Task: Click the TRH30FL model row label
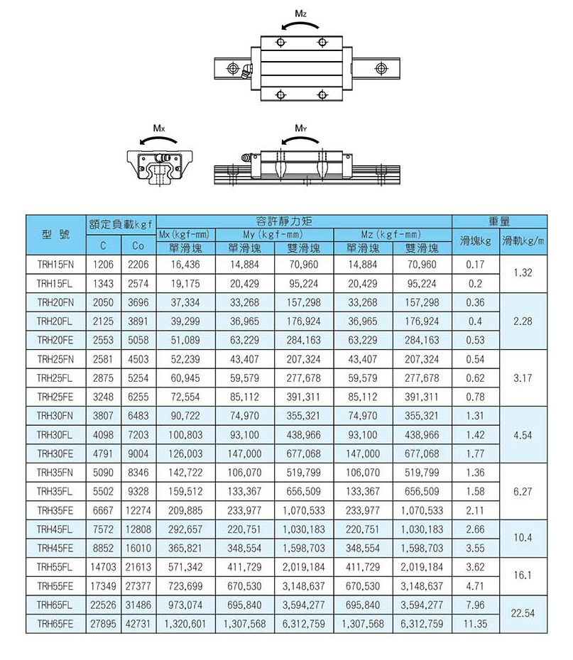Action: tap(55, 434)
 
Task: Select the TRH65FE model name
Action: tap(55, 624)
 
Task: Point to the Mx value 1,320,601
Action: tap(186, 624)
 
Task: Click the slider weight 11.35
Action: tap(475, 624)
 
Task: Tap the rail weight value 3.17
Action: tap(523, 378)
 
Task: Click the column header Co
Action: tap(138, 248)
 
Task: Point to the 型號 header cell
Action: tap(55, 234)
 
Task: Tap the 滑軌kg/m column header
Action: tap(523, 241)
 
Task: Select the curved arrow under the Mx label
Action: tap(159, 141)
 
